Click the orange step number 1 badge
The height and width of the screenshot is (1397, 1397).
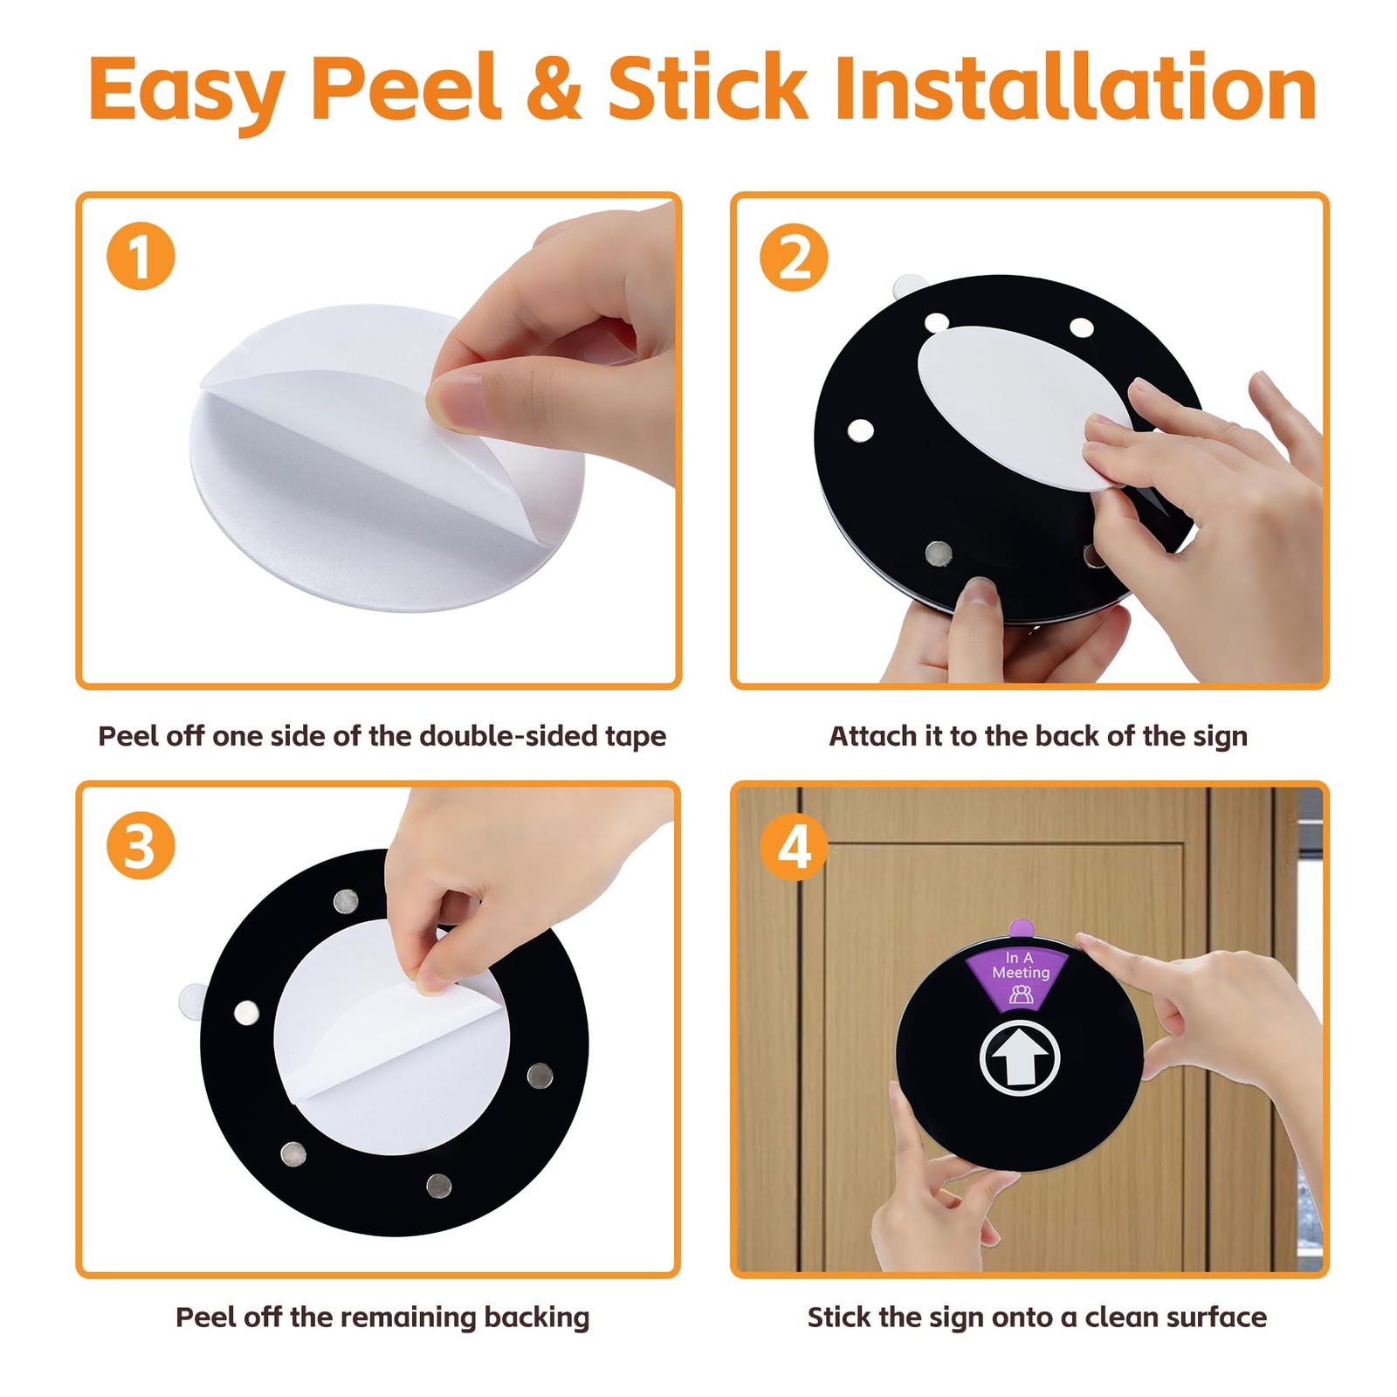click(x=141, y=257)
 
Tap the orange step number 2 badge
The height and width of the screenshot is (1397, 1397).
click(x=794, y=257)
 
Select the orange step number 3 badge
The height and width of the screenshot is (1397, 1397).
click(x=141, y=845)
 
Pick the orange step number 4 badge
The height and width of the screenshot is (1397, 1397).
click(x=794, y=845)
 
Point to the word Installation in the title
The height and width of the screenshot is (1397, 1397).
click(x=1076, y=87)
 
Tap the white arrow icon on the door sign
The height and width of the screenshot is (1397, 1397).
click(x=1020, y=1057)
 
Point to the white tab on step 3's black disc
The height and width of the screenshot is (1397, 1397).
click(x=192, y=1001)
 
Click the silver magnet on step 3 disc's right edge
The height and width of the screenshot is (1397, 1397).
click(x=540, y=1076)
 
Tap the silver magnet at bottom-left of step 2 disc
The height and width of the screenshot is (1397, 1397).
click(x=939, y=552)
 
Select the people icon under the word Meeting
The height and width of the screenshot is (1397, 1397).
click(x=1021, y=994)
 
